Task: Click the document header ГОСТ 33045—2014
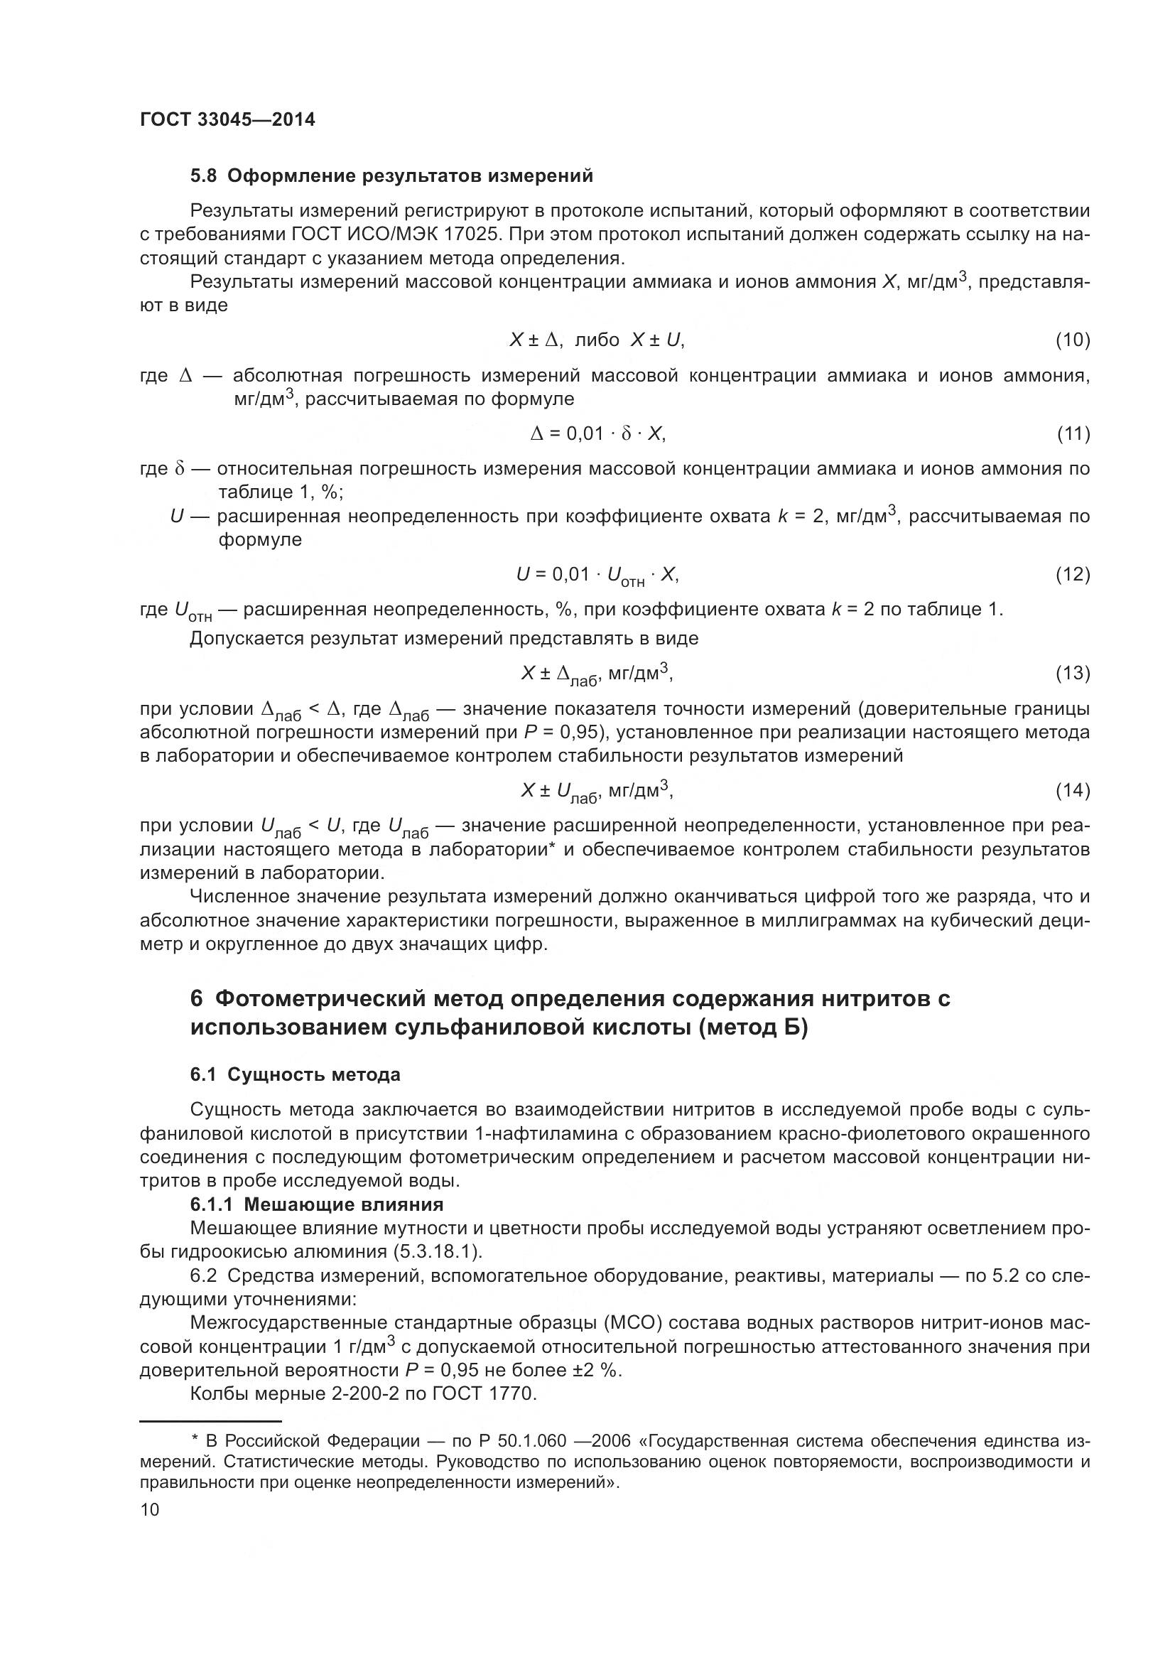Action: point(227,120)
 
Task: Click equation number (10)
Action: point(1072,340)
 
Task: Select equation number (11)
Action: point(1072,433)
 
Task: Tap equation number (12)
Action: point(1072,574)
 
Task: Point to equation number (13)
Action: point(1072,673)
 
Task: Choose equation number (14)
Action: point(1072,789)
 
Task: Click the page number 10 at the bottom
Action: point(150,1509)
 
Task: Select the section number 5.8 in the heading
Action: point(203,176)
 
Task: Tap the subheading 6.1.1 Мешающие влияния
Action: point(317,1204)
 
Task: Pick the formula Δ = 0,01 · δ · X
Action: point(597,433)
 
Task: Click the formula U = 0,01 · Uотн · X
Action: point(597,576)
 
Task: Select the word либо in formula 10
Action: point(597,340)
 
